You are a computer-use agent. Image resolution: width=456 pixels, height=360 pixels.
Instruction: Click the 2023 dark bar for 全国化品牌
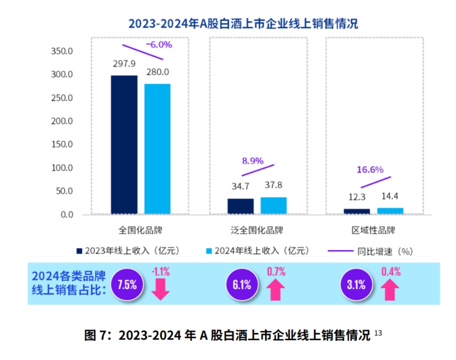[x=124, y=145]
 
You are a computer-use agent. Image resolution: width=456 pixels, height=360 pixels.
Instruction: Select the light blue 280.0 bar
[x=157, y=149]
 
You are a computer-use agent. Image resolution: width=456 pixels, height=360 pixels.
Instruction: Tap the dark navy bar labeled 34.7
[x=241, y=206]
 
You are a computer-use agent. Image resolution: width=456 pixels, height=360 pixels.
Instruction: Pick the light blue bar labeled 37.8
[x=273, y=206]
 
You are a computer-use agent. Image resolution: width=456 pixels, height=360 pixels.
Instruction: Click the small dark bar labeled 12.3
[x=357, y=211]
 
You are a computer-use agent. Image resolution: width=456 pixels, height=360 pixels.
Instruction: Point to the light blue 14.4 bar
[x=390, y=211]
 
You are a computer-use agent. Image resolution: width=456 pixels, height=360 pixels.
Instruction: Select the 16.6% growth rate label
[x=370, y=170]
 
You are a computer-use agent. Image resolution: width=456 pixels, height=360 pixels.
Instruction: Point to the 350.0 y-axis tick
[x=62, y=51]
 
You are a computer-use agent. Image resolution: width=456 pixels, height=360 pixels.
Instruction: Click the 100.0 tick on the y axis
[x=62, y=168]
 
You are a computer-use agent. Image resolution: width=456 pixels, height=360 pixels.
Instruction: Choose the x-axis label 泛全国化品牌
[x=257, y=231]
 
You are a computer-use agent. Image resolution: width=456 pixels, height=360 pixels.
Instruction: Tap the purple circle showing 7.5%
[x=127, y=284]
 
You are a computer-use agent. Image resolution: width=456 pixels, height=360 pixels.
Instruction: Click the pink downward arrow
[x=160, y=289]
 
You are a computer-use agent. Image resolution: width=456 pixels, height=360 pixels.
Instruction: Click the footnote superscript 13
[x=378, y=333]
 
